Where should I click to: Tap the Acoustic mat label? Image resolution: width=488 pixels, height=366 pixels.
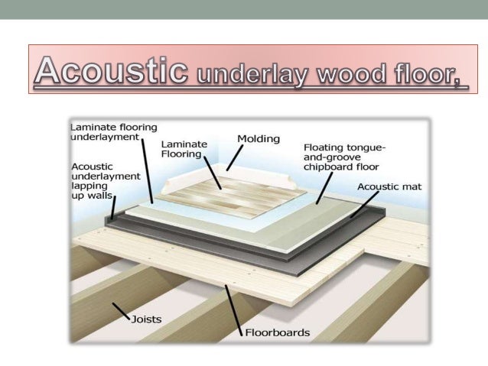(389, 186)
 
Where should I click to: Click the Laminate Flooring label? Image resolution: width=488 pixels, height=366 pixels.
(181, 148)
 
